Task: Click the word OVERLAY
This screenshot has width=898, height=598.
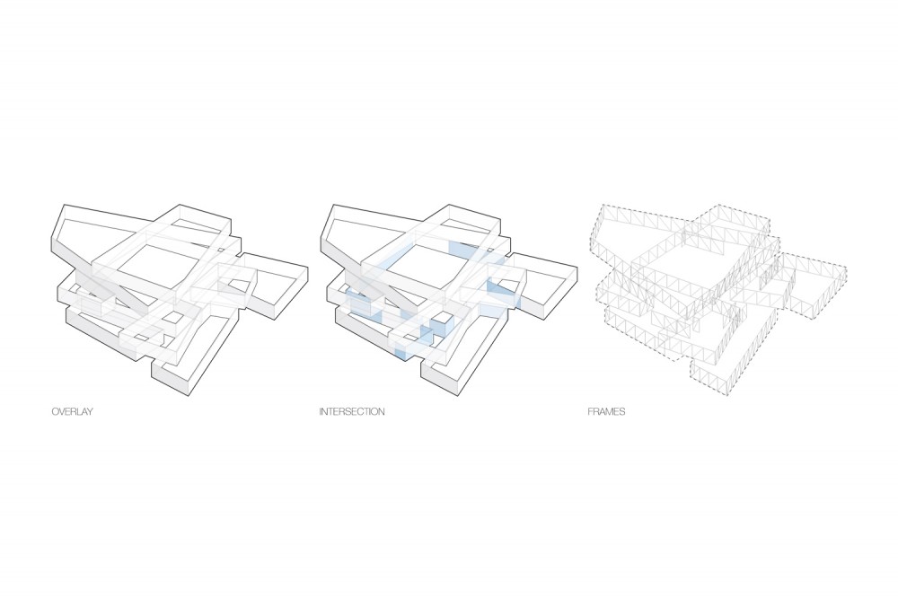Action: point(72,411)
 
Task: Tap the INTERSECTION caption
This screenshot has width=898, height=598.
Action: point(352,411)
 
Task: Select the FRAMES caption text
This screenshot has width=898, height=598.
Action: point(606,411)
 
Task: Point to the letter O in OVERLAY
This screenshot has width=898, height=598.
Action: point(55,411)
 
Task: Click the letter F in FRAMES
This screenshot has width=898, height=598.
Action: point(590,411)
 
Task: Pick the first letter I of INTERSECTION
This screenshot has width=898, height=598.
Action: point(321,411)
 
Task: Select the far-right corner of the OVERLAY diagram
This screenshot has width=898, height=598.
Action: point(307,268)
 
